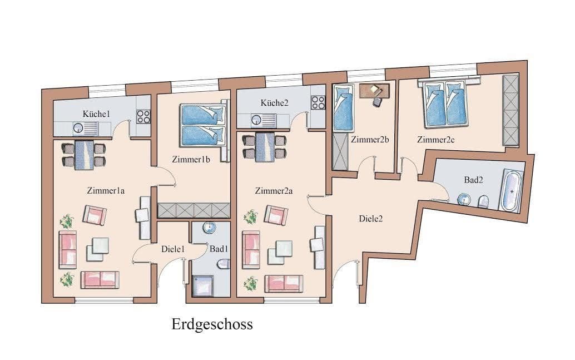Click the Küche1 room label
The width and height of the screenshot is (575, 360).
[x=97, y=114]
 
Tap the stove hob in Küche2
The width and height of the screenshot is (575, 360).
[x=318, y=103]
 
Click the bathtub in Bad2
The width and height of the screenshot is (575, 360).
[x=510, y=191]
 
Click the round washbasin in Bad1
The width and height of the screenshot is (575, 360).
[x=209, y=228]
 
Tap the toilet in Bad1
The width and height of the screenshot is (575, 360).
[x=224, y=264]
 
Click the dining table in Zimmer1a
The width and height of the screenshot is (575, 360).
[x=85, y=154]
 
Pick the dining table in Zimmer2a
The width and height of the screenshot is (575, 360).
[x=265, y=146]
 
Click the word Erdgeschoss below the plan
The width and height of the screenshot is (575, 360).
[x=212, y=324]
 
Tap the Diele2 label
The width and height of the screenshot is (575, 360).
[x=370, y=219]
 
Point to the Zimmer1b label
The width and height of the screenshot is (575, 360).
[x=190, y=160]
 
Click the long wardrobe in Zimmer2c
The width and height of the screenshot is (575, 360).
[x=510, y=110]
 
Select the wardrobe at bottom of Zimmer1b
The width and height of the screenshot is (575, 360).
[x=194, y=210]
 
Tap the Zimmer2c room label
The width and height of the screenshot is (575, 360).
[x=436, y=140]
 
